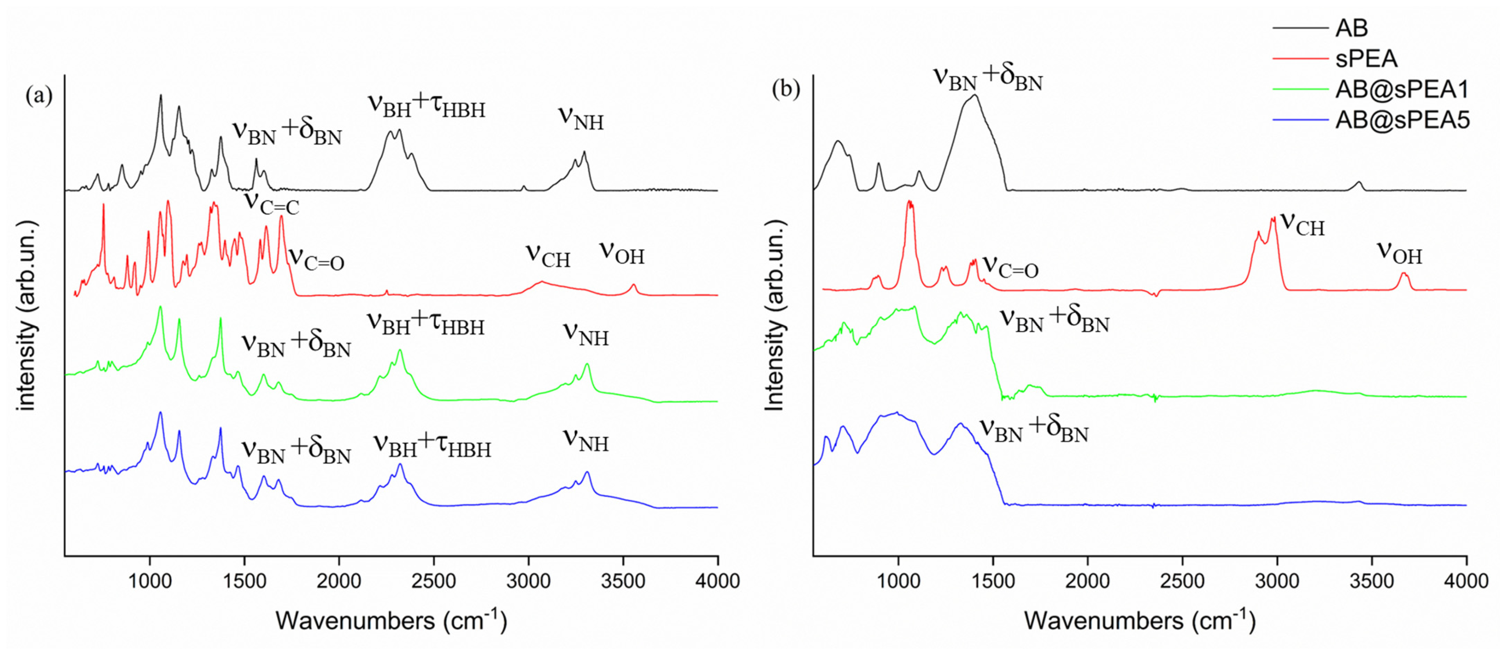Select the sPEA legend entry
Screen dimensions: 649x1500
pyautogui.click(x=1365, y=59)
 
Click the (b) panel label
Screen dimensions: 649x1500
pyautogui.click(x=786, y=89)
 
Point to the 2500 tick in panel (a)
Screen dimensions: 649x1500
pyautogui.click(x=434, y=581)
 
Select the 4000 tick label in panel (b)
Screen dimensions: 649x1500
pyautogui.click(x=1465, y=581)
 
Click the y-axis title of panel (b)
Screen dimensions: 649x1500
pyautogui.click(x=774, y=316)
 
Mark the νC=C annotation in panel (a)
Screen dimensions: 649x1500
pyautogui.click(x=271, y=203)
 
